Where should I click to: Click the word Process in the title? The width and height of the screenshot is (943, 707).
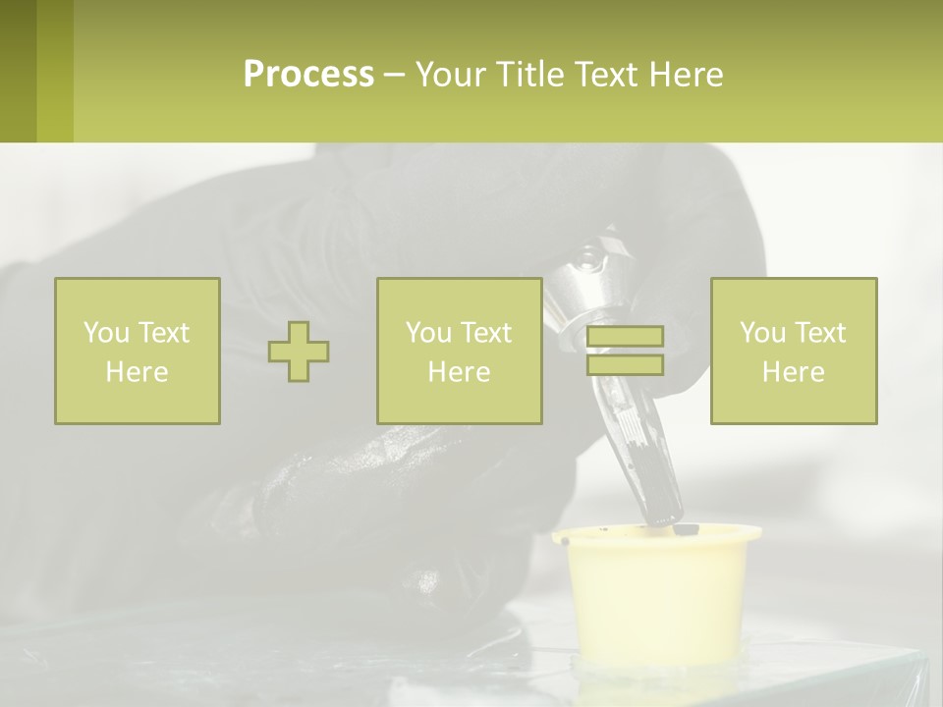308,75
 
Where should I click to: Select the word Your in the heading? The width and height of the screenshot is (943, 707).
449,75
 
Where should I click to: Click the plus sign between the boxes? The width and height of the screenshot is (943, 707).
299,352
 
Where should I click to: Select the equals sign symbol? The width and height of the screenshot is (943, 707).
625,351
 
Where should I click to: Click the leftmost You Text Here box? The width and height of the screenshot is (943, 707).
137,352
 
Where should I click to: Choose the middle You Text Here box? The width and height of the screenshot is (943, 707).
459,352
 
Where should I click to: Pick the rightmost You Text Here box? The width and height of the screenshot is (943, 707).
793,352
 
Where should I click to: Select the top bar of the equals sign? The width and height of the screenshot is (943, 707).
625,337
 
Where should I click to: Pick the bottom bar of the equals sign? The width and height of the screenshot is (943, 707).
625,364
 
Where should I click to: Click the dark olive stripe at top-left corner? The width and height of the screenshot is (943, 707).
18,71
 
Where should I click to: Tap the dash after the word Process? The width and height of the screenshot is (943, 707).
394,75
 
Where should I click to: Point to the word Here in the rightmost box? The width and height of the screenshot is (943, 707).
793,372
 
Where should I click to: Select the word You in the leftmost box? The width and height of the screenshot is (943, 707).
105,333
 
